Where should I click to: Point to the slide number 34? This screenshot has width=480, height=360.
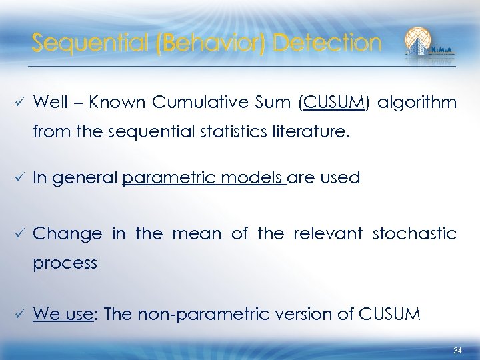click(457, 351)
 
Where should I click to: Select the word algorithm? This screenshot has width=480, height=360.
click(419, 103)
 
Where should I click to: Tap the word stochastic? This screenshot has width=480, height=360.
click(416, 234)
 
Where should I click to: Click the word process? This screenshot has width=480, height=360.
click(65, 263)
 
